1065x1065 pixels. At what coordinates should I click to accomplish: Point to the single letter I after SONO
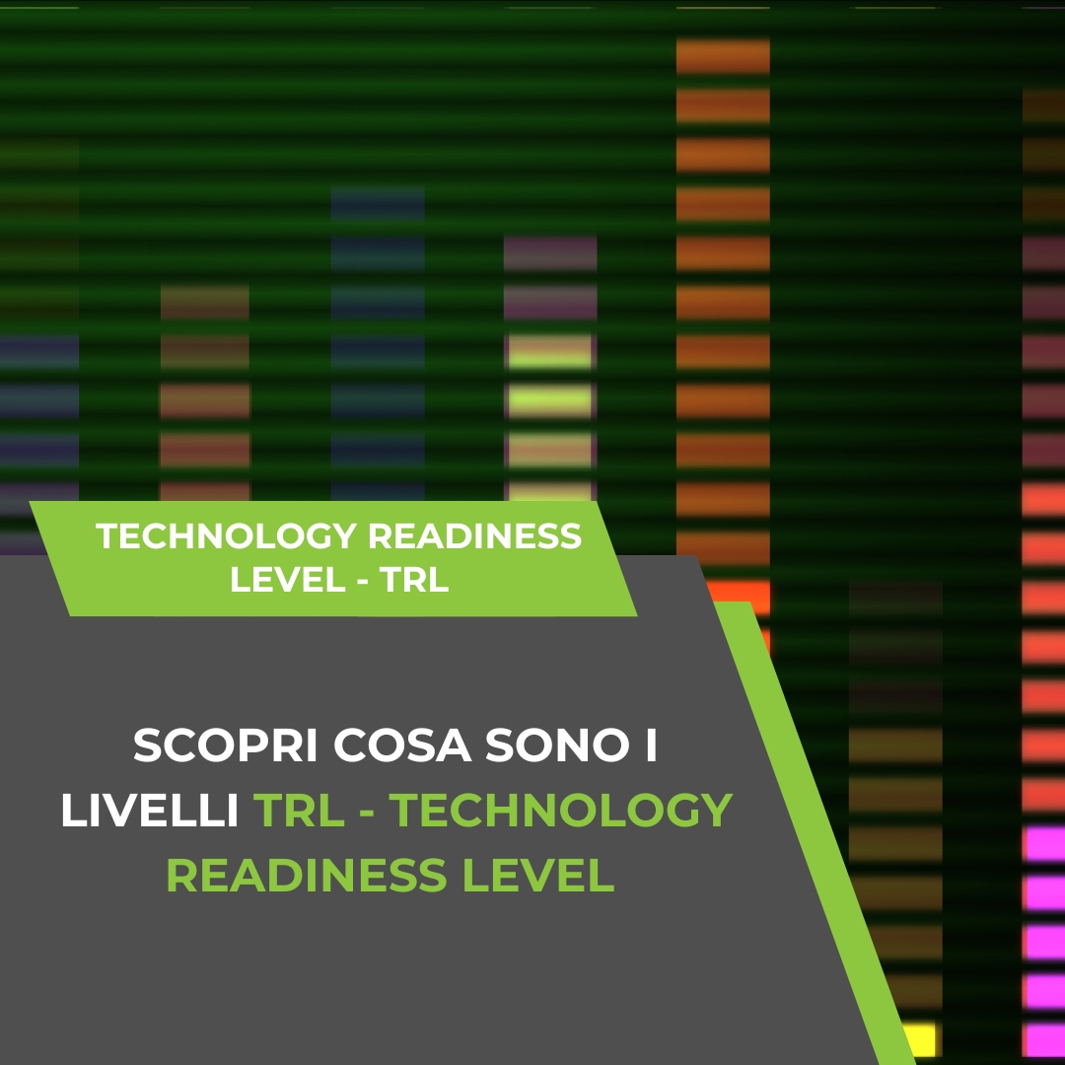[x=650, y=746]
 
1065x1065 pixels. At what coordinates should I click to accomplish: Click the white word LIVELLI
[x=150, y=811]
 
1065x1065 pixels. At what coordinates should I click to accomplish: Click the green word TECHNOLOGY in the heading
[x=561, y=811]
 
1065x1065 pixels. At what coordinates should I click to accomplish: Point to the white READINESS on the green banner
[x=474, y=537]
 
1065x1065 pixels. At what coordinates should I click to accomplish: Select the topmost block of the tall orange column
[x=723, y=55]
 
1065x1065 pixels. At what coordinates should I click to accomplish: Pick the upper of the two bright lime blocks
[x=549, y=352]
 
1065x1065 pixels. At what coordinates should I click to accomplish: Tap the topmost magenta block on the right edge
[x=1044, y=843]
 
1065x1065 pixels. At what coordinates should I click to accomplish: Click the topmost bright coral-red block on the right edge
[x=1043, y=500]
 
